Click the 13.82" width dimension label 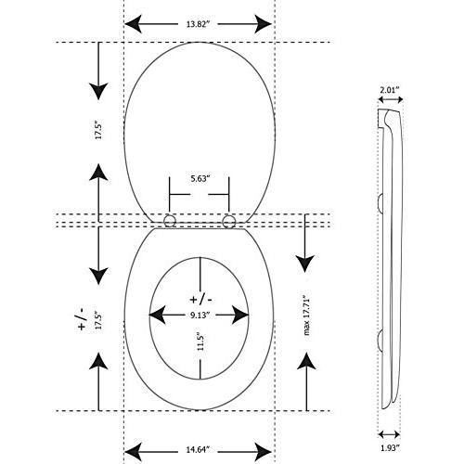click(x=199, y=24)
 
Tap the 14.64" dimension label click(x=198, y=449)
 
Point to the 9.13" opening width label click(x=200, y=315)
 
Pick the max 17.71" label click(x=306, y=316)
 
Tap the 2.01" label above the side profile click(x=390, y=90)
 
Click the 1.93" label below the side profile click(x=390, y=447)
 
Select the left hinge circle click(x=170, y=221)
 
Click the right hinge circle click(x=228, y=221)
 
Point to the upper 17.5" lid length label click(x=98, y=131)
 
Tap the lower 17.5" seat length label click(x=98, y=322)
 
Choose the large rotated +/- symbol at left click(x=82, y=319)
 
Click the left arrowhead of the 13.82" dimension click(x=134, y=24)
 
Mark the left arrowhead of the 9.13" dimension click(x=157, y=315)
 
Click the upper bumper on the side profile click(x=380, y=203)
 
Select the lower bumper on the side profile click(x=380, y=339)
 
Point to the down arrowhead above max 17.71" click(x=305, y=264)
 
